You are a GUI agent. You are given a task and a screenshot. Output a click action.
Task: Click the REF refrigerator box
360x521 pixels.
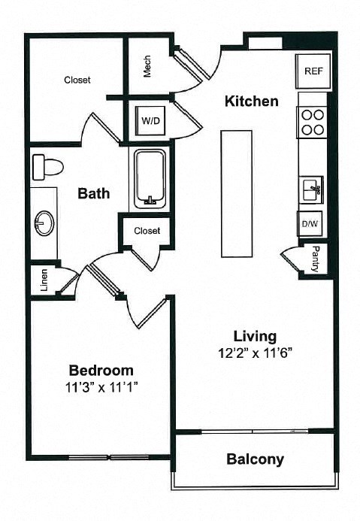pos(313,71)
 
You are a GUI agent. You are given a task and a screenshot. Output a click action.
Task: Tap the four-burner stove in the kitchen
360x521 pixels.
pos(313,122)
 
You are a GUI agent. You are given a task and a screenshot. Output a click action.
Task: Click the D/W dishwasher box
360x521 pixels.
pos(310,224)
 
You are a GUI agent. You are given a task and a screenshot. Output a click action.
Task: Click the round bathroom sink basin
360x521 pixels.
pos(43,223)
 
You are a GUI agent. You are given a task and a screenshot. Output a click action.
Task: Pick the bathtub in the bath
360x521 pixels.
pos(152,179)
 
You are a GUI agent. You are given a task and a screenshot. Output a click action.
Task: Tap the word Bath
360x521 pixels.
pos(94,193)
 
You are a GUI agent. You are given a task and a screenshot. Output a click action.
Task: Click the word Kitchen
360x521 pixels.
pos(252,101)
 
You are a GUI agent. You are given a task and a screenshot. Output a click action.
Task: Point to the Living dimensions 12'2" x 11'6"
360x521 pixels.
pos(255,353)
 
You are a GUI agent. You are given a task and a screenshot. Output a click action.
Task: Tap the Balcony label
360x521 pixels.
pos(255,459)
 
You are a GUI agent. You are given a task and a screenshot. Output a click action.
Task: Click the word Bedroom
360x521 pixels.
pos(101,370)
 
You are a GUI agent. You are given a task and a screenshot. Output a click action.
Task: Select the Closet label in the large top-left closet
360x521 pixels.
pos(77,80)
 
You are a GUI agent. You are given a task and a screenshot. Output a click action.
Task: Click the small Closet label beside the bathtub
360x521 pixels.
pos(147,231)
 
